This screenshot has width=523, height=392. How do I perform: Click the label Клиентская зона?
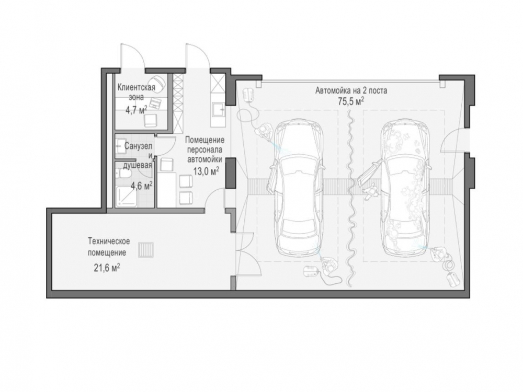pos(136,93)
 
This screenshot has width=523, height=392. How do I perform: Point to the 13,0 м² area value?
pos(206,171)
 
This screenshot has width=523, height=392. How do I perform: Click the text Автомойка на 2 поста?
pos(351,90)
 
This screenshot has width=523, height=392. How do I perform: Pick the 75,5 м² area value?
pos(351,101)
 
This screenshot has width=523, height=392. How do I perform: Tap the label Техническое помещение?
pos(109,247)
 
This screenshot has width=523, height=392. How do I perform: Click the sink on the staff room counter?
pos(219,110)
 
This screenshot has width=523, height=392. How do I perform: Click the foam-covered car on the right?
pos(404,188)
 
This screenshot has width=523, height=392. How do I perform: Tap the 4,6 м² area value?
pos(142,186)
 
